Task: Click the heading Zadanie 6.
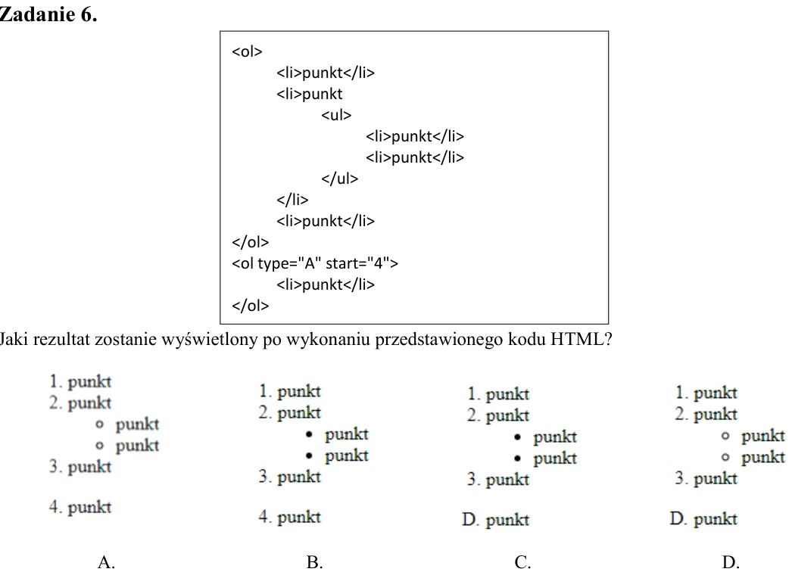click(48, 14)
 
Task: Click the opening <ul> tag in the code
click(336, 115)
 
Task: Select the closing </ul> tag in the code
click(339, 179)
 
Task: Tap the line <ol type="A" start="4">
click(315, 263)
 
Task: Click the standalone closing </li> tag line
click(292, 200)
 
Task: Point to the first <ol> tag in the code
click(247, 51)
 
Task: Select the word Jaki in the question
click(14, 339)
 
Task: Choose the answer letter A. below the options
click(106, 562)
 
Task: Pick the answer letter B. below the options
click(314, 562)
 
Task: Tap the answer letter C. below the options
click(522, 562)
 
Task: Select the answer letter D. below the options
click(731, 562)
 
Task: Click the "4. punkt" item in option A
click(80, 507)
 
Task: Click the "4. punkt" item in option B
click(289, 517)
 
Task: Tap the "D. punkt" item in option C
click(495, 520)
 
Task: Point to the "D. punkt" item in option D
click(703, 518)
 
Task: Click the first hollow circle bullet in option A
click(99, 424)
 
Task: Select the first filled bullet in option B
click(309, 434)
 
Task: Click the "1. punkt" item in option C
click(498, 393)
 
